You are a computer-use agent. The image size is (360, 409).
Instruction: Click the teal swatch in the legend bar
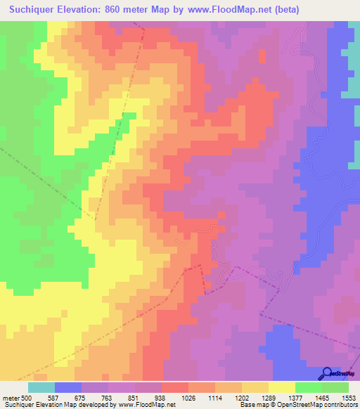click(41, 387)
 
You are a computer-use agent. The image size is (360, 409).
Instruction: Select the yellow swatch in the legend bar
click(282, 387)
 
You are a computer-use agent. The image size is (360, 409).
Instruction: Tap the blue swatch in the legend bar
click(68, 387)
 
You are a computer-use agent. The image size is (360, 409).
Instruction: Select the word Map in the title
click(156, 10)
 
